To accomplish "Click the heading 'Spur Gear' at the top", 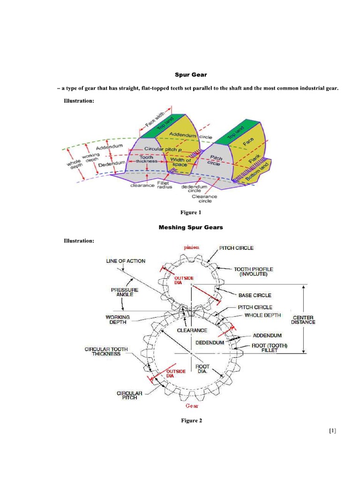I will coord(191,75).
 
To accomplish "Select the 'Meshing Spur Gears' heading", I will coord(191,227).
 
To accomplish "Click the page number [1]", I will coord(333,431).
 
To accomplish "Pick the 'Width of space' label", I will coord(180,162).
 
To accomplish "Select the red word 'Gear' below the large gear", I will coord(192,405).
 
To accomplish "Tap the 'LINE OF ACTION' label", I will coord(126,261).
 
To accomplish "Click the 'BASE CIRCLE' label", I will coord(255,295).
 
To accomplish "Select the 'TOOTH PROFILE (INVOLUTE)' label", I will coord(253,272).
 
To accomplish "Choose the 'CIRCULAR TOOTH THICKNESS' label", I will coord(106,352).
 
